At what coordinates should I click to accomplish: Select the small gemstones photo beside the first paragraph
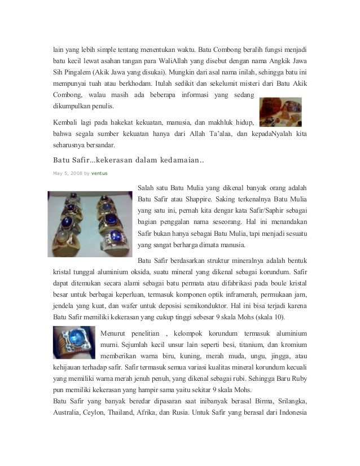click(279, 112)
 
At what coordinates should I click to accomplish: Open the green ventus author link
click(99, 173)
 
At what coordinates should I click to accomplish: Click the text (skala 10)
click(269, 316)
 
